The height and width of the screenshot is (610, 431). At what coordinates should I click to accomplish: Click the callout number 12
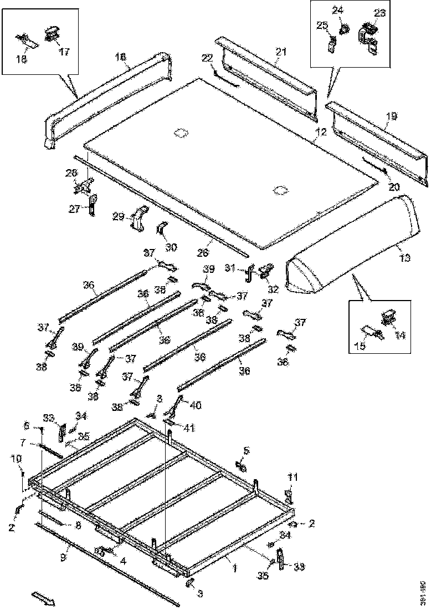click(321, 132)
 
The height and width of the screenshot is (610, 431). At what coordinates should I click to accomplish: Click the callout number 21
click(281, 52)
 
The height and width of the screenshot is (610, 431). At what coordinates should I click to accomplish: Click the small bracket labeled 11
click(288, 494)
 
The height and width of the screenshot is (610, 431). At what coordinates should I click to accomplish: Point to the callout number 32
click(273, 288)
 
